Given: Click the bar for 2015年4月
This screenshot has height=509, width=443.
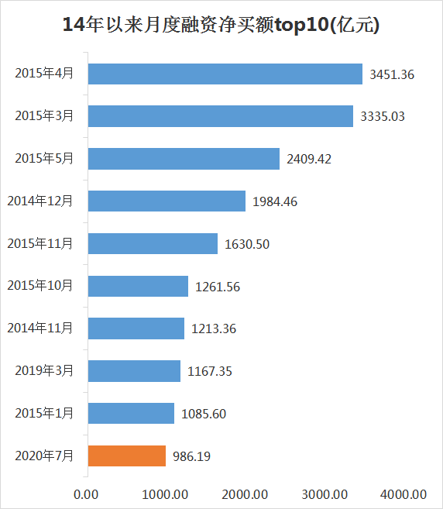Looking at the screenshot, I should [225, 74].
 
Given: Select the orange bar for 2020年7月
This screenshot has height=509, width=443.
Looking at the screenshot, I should [127, 456].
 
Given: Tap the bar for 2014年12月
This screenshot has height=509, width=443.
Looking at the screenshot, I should [167, 201].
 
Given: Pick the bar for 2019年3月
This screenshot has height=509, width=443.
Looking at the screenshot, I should [134, 370].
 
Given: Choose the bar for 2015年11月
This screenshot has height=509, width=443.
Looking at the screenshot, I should [153, 243].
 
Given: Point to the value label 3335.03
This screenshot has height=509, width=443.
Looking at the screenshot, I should [383, 116].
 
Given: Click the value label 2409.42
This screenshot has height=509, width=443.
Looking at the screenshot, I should [309, 159].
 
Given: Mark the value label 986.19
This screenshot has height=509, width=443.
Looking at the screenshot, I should [191, 456].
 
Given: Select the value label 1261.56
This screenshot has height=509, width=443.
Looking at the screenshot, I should [218, 286].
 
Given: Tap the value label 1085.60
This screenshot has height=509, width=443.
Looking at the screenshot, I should [204, 414].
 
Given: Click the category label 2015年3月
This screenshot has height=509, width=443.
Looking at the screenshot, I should [44, 116].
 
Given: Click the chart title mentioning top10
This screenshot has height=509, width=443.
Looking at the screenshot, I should [221, 25].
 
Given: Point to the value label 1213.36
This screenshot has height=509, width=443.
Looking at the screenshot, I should [214, 328].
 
